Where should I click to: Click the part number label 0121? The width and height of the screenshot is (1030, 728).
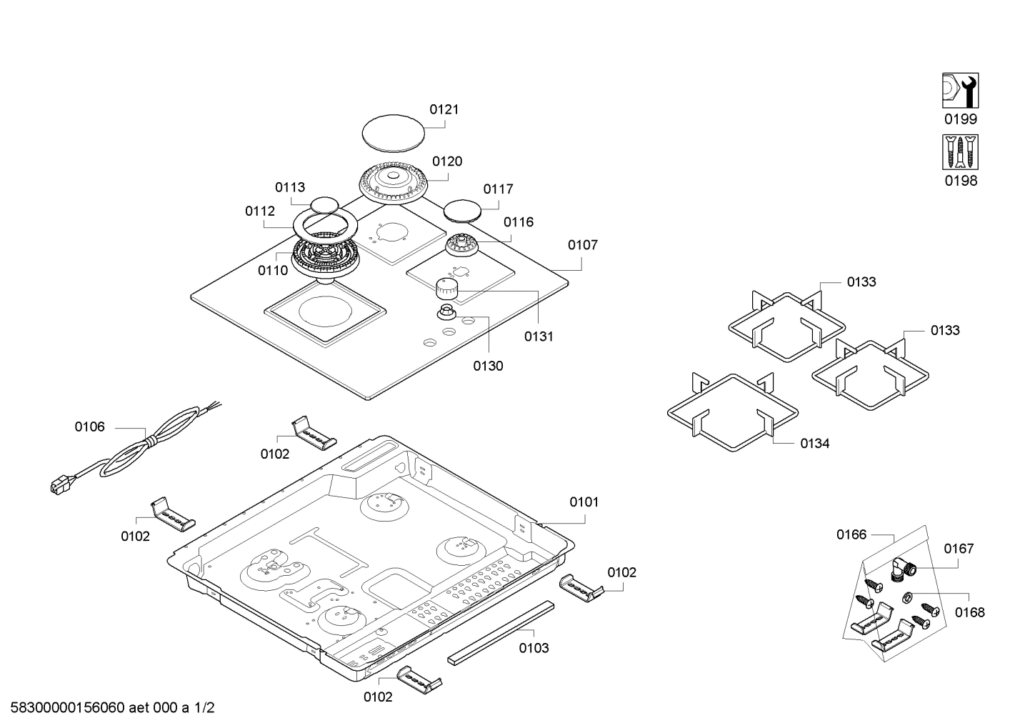pos(444,109)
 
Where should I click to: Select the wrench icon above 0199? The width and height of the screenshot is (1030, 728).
pos(960,91)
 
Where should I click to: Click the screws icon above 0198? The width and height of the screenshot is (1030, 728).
pos(960,152)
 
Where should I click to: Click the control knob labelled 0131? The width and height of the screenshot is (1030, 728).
pos(446,290)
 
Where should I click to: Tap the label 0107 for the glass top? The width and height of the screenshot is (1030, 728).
pos(582,245)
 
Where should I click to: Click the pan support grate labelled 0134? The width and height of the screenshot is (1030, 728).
pos(731,412)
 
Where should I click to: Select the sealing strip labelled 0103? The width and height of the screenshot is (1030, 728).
pos(501,633)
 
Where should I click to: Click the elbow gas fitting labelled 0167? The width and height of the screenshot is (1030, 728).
pos(904,568)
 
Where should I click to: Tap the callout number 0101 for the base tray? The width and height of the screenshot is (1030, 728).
pos(584,502)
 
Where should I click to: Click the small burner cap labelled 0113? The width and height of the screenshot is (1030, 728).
pos(324,204)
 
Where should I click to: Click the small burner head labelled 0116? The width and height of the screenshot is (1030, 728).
pos(461,245)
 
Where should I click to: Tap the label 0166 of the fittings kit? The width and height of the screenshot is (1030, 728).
pos(851,534)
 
